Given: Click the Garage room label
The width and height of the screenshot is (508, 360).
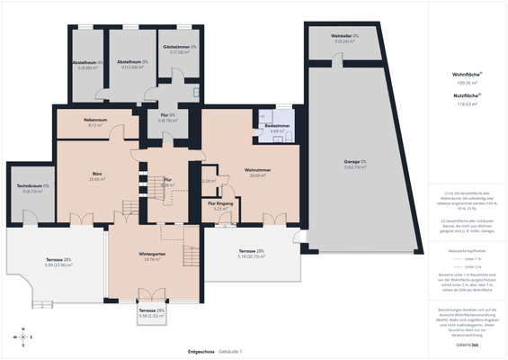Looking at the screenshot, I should pyautogui.click(x=356, y=164).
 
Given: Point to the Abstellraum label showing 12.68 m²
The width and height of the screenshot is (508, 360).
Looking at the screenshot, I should pyautogui.click(x=133, y=64).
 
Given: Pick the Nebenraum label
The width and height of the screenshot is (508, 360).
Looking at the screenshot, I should pyautogui.click(x=98, y=122).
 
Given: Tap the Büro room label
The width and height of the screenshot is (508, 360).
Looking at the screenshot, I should pyautogui.click(x=97, y=175).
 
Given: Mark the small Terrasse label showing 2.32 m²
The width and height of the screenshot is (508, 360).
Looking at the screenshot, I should pyautogui.click(x=152, y=312).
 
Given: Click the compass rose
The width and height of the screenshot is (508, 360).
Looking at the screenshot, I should pyautogui.click(x=22, y=337).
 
